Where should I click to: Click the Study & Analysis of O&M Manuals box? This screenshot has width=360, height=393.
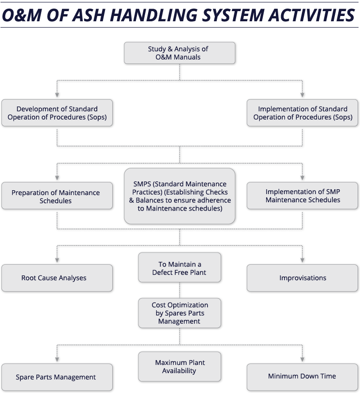(180, 53)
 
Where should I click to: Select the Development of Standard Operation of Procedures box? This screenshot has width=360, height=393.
(57, 113)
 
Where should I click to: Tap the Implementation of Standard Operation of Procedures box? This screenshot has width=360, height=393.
(302, 113)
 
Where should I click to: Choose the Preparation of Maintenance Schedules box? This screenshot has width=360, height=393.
(57, 196)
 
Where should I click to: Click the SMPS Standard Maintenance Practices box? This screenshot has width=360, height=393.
(180, 196)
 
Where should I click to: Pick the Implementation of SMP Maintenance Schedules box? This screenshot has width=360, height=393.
(302, 196)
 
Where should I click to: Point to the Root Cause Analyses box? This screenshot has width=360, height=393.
(57, 278)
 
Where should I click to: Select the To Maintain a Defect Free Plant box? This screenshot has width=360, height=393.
(180, 268)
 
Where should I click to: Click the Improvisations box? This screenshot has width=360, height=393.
(302, 278)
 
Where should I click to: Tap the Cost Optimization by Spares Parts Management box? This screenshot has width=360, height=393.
(180, 313)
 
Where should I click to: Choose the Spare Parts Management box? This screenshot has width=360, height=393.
(57, 377)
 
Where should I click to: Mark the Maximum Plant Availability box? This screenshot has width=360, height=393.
(180, 367)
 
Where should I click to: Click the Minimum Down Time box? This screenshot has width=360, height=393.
(302, 377)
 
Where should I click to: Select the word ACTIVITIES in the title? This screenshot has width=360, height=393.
(312, 15)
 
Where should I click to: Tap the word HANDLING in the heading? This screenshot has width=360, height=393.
(153, 15)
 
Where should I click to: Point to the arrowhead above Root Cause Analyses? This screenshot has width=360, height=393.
(57, 260)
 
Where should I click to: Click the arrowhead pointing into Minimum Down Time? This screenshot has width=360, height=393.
(302, 360)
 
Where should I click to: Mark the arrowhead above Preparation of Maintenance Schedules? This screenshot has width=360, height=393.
(57, 178)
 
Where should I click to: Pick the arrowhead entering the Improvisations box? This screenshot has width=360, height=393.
(302, 260)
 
